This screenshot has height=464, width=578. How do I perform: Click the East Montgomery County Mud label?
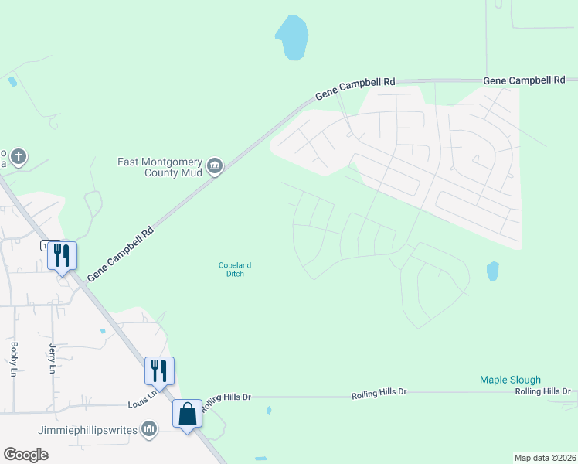coord(159,167)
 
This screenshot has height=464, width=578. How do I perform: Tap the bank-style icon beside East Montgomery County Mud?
coord(215,165)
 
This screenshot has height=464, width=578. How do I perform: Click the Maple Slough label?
coord(510,380)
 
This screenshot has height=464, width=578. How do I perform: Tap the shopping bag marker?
coord(188,414)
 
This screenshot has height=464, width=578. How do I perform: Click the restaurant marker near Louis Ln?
coord(159,370)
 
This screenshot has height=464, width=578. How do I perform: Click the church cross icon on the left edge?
coord(19,158)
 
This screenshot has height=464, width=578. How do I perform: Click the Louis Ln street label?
coord(142,399)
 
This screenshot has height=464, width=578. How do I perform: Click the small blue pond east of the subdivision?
coord(492,271)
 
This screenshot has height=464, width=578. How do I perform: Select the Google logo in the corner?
coord(25,455)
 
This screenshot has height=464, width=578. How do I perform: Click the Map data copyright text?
coord(546,457)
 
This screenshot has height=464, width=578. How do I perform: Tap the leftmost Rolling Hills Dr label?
coord(226,397)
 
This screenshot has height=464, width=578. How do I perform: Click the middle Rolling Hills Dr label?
coord(379,393)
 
